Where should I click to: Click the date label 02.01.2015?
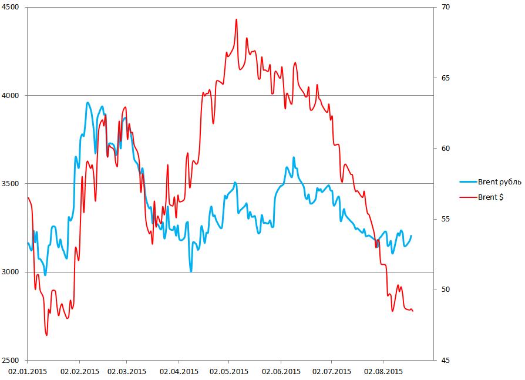[x=28, y=371]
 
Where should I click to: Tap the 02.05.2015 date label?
[x=229, y=371]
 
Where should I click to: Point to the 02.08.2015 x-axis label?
[x=383, y=371]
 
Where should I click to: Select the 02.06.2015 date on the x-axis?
[x=281, y=371]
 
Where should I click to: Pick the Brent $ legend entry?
[x=491, y=197]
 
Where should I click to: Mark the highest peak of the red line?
[x=236, y=19]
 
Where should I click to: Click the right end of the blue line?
[x=411, y=236]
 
